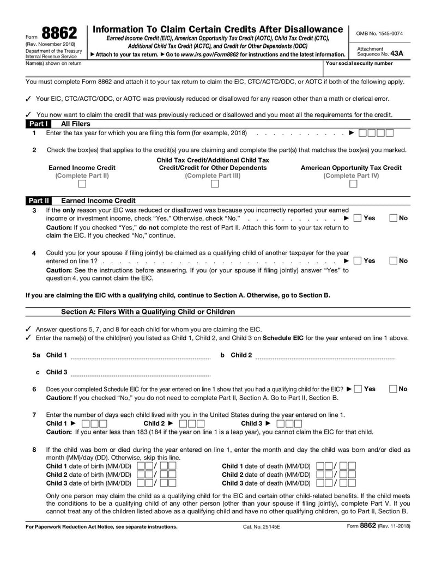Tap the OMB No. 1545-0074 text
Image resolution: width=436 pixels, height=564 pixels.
[x=379, y=33]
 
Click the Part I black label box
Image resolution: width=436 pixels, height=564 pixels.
[x=38, y=124]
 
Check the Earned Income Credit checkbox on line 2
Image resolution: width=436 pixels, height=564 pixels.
[x=82, y=184]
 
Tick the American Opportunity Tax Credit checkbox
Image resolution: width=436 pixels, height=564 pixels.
[x=353, y=184]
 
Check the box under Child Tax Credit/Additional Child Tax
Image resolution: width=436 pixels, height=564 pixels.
[x=214, y=184]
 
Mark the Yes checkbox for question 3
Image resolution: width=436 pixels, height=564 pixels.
[x=358, y=218]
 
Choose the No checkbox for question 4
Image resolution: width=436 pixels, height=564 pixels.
[x=393, y=260]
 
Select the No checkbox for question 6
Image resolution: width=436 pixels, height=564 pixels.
[x=393, y=389]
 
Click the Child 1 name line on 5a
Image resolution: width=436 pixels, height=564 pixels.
[x=141, y=356]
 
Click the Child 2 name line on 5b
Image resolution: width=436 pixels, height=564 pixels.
[x=325, y=356]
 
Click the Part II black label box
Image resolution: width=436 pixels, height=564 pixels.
[x=38, y=201]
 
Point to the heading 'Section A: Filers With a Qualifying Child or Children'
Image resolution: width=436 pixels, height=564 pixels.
[x=148, y=312]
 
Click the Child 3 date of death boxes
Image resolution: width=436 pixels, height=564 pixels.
[x=336, y=483]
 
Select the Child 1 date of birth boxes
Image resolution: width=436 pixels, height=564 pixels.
[x=156, y=466]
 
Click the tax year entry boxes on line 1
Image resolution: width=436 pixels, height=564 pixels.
[x=377, y=133]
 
